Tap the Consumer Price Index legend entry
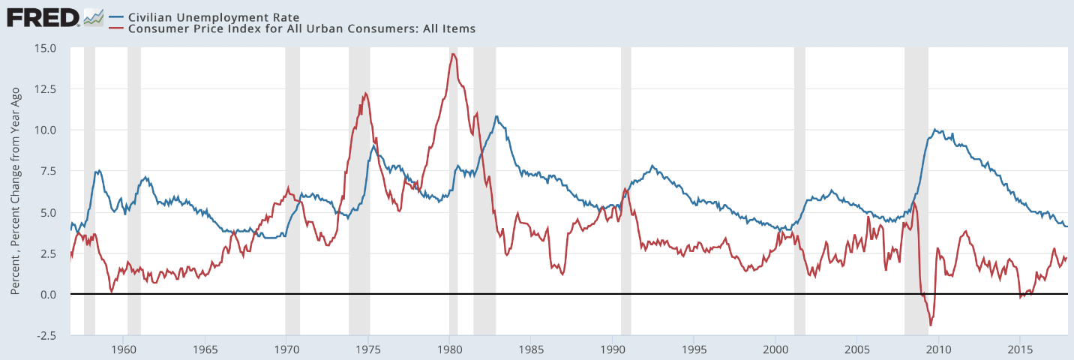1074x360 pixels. pos(300,28)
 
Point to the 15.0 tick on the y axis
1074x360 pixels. pos(46,48)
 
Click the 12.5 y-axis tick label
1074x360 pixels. pos(46,89)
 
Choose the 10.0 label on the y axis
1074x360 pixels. pos(46,130)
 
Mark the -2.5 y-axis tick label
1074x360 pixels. pos(46,335)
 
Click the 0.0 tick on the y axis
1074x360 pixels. pos(49,294)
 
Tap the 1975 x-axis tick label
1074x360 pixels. pos(368,349)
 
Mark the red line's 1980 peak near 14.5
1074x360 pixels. pos(453,54)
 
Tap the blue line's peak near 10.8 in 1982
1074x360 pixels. pos(496,116)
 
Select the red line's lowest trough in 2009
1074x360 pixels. pos(931,325)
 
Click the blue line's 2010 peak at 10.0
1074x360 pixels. pos(934,129)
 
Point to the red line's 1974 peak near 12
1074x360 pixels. pos(365,93)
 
